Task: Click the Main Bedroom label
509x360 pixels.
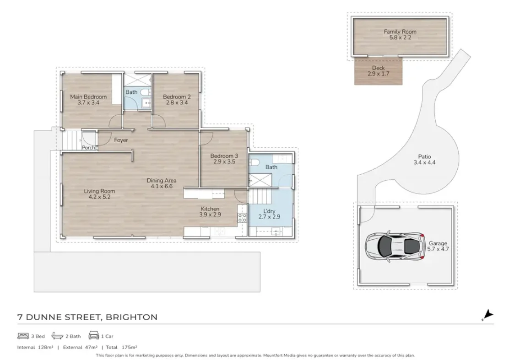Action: (x=88, y=97)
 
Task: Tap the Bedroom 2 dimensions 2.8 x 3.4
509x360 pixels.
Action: (x=177, y=102)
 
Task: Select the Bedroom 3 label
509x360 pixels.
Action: (x=224, y=156)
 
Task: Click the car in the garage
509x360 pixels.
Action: (x=395, y=245)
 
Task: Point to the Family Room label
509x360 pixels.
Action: (x=400, y=32)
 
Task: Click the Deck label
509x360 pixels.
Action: (x=378, y=68)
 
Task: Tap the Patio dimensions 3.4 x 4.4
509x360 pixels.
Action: (x=424, y=162)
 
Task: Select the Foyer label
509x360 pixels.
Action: (x=121, y=140)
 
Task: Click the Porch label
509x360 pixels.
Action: (x=88, y=148)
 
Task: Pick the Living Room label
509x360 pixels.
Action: (x=99, y=191)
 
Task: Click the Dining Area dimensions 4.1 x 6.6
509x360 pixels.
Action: (x=161, y=186)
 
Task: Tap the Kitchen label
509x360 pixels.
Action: (x=210, y=209)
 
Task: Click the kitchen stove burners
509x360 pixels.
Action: (x=242, y=218)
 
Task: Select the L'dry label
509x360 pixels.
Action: (x=269, y=211)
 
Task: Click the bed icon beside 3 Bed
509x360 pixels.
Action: (x=23, y=336)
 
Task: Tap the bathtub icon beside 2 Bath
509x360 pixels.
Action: (x=58, y=336)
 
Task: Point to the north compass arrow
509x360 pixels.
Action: (x=487, y=315)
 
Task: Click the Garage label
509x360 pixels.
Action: (x=438, y=243)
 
